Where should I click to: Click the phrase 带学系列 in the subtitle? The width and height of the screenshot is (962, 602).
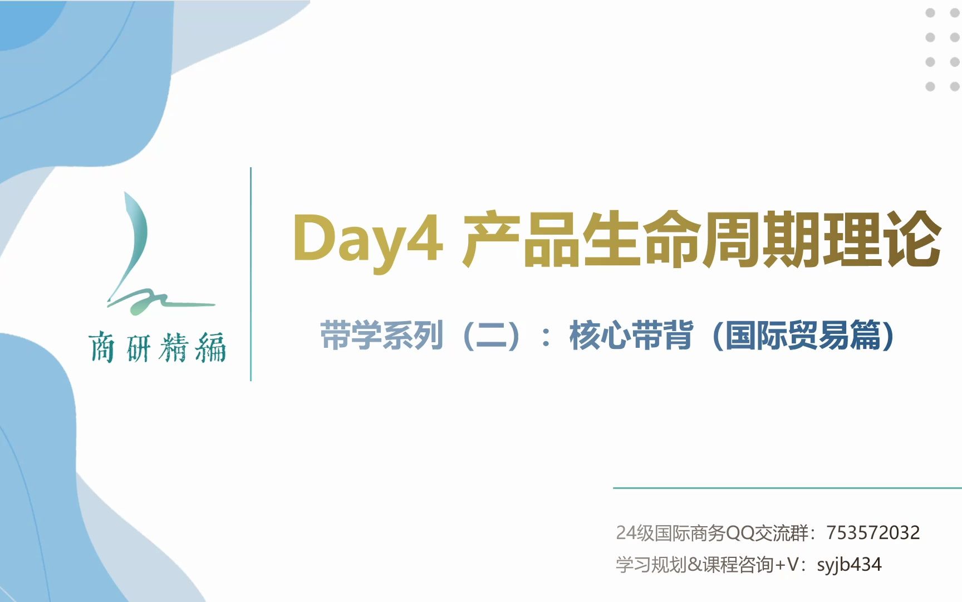click(382, 336)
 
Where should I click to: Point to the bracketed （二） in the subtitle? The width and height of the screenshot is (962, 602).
click(492, 336)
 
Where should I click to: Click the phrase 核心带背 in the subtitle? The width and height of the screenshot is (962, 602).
click(631, 336)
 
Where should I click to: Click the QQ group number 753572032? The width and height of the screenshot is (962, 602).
click(873, 533)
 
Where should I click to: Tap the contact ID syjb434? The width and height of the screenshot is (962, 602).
click(849, 565)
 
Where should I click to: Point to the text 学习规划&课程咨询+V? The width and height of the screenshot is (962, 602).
click(707, 565)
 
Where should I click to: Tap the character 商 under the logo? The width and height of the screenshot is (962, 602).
click(101, 347)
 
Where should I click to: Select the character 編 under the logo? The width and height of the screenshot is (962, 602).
click(211, 347)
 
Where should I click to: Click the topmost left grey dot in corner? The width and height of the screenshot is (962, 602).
click(930, 13)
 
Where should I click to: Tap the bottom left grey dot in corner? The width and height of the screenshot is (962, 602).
click(930, 86)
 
